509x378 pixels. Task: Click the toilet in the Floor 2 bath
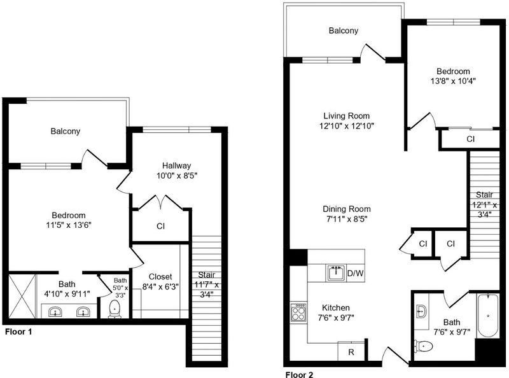[x=423, y=346]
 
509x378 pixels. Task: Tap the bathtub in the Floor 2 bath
[x=488, y=316]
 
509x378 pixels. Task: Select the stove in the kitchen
[x=298, y=312]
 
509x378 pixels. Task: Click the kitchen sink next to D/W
[x=336, y=273]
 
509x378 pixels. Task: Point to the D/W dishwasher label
[x=355, y=273]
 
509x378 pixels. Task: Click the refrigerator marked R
[x=351, y=351]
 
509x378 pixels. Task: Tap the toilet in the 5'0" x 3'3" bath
[x=115, y=309]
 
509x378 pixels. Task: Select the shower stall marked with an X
[x=22, y=296]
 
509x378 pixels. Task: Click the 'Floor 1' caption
[x=18, y=332]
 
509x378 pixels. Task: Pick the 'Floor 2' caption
[x=299, y=374]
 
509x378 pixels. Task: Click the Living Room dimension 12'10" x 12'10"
[x=346, y=125]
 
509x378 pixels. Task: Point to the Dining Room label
[x=347, y=209]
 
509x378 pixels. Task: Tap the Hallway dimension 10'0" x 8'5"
[x=177, y=176]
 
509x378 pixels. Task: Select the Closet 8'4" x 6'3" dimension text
[x=160, y=286]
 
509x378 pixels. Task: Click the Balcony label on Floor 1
[x=66, y=131]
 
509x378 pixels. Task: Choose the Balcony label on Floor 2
[x=344, y=31]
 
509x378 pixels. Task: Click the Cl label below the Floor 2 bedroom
[x=470, y=139]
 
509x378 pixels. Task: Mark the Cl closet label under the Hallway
[x=161, y=226]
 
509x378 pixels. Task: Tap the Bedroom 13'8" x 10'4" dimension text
[x=453, y=81]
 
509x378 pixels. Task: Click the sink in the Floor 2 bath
[x=421, y=312]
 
